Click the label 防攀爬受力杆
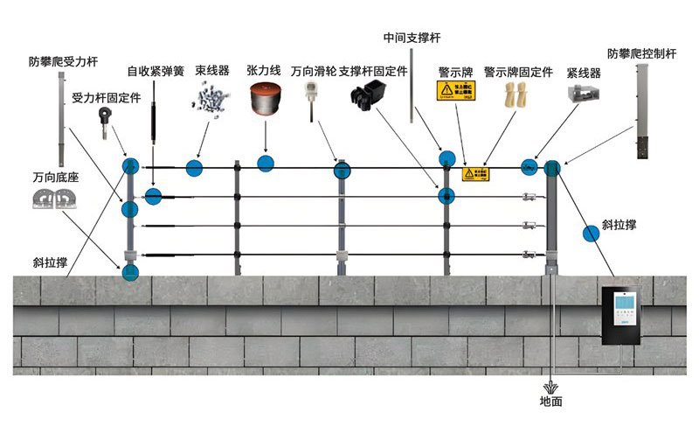(63, 62)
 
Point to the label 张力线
(263, 71)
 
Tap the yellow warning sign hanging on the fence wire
(475, 174)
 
